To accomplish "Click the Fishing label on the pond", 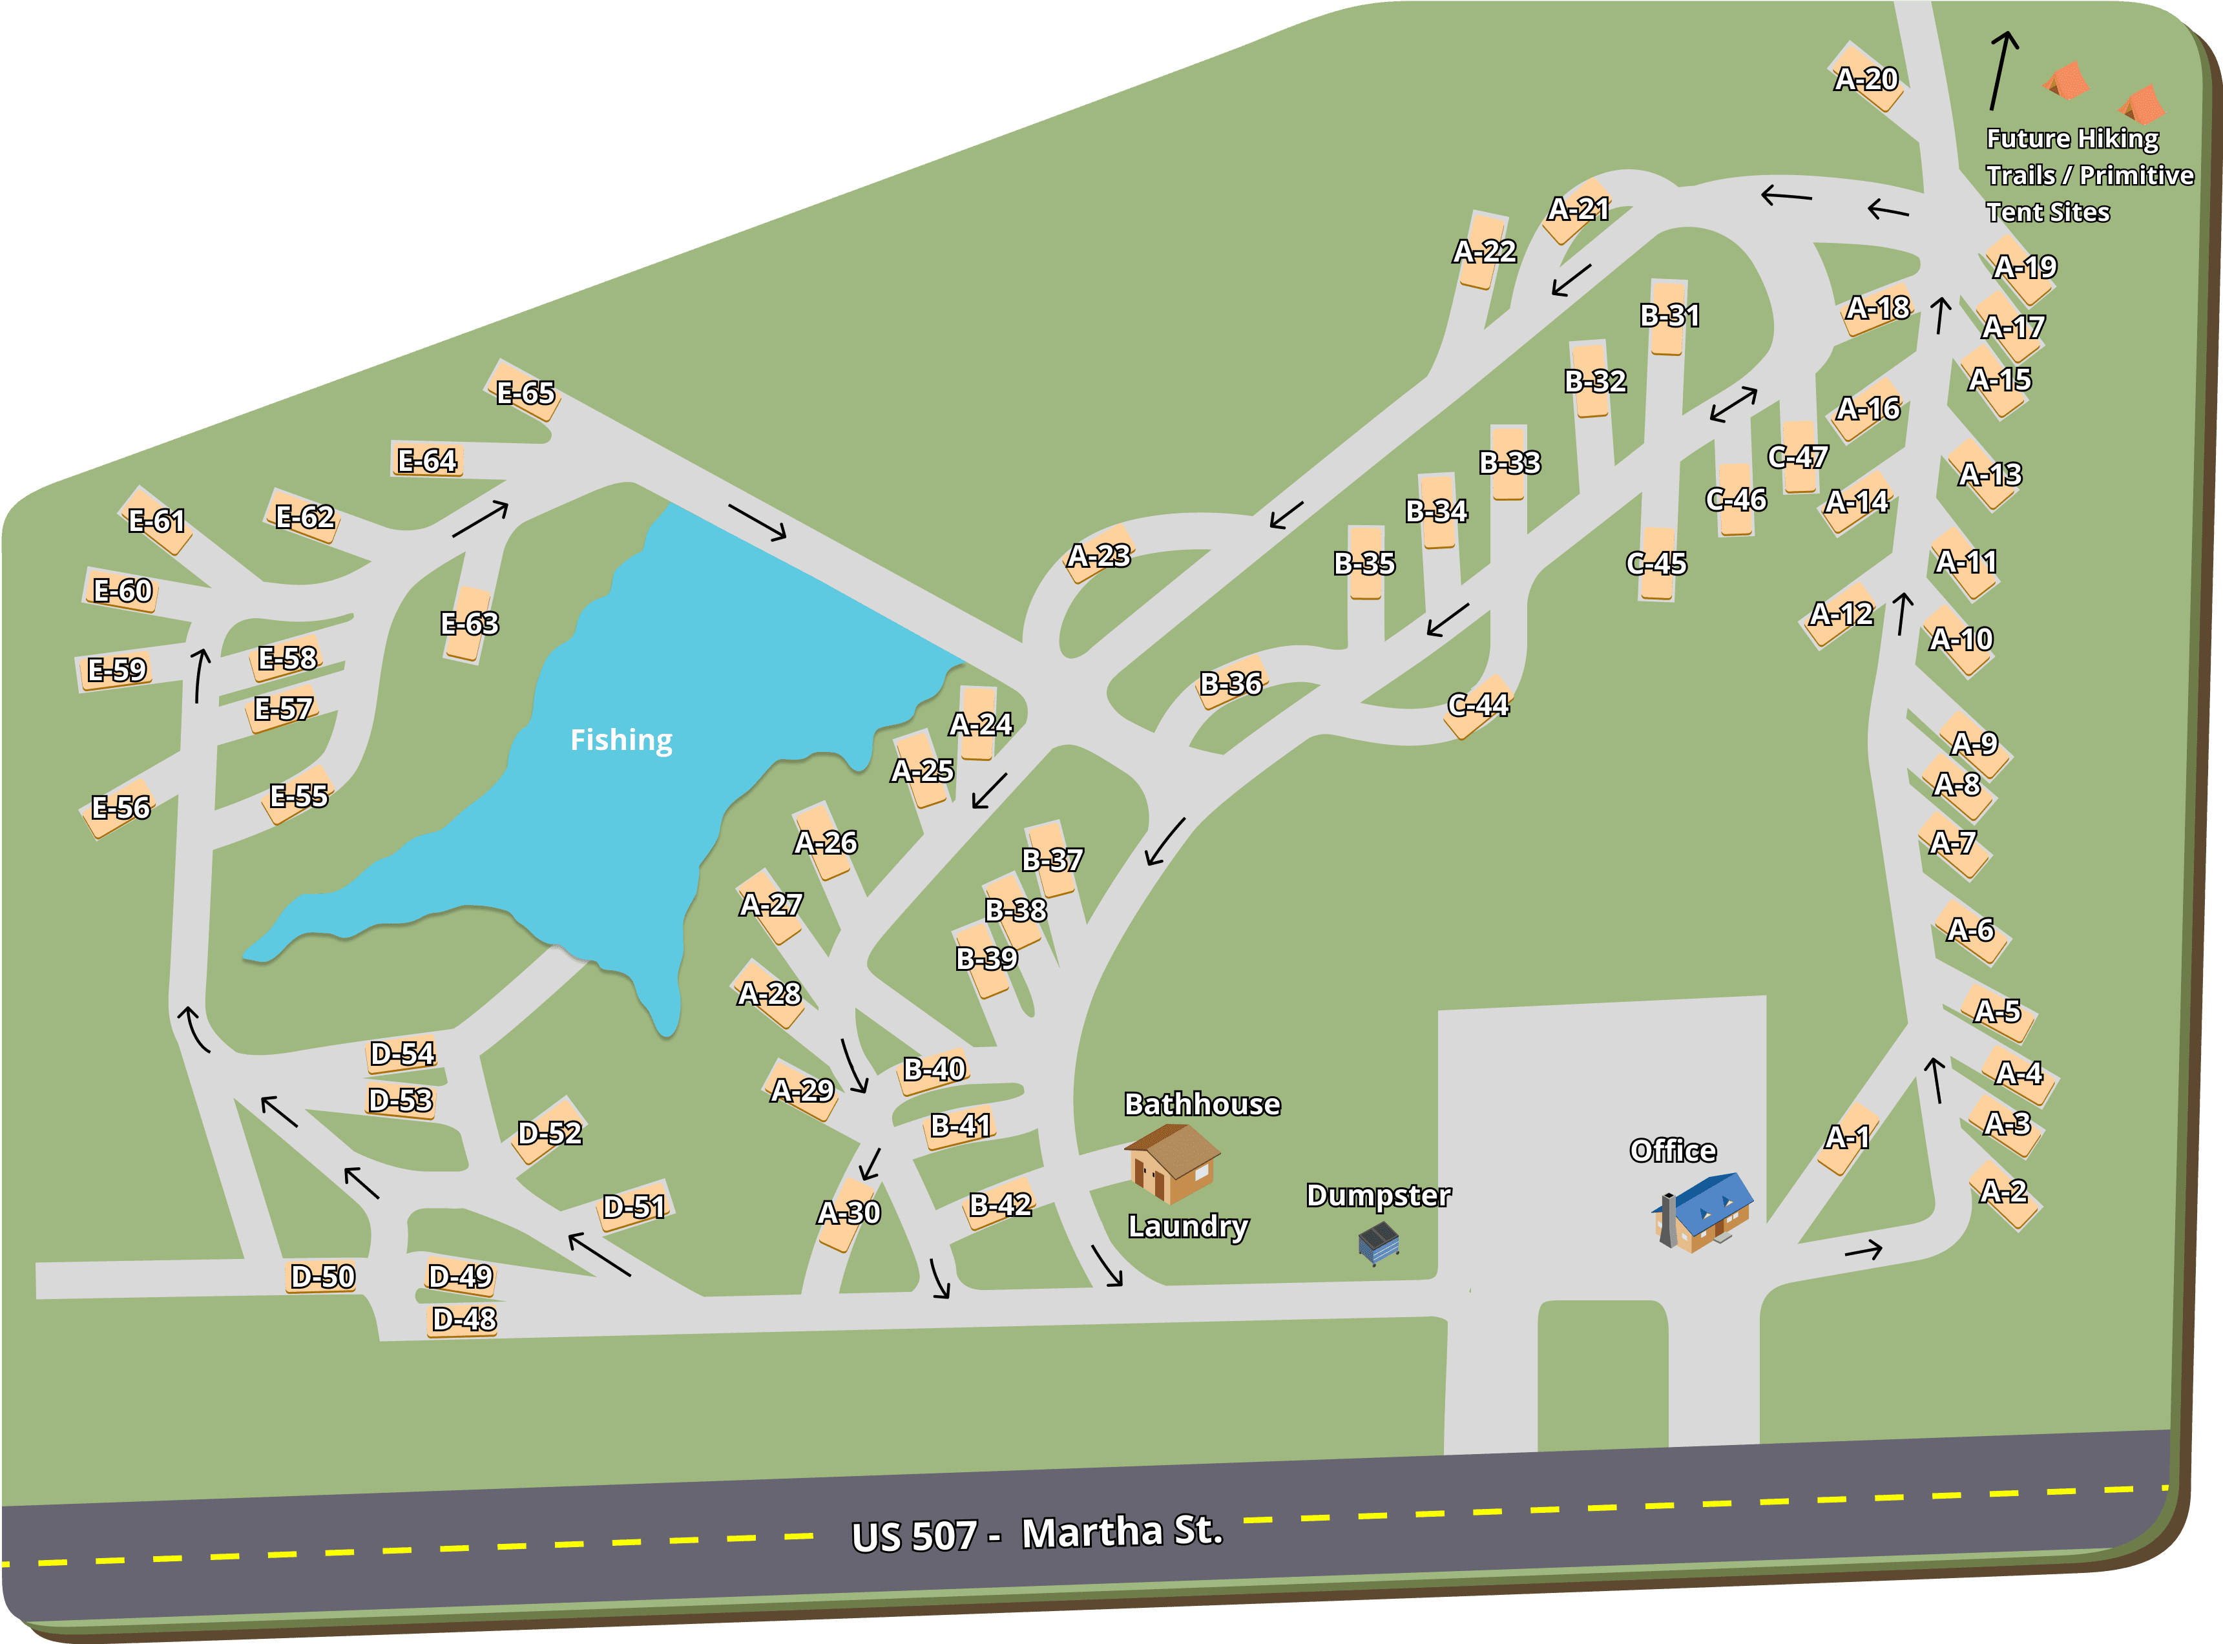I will point(621,740).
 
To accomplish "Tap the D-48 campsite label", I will point(464,1320).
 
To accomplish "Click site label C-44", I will point(1477,705).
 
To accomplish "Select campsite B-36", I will point(1231,683).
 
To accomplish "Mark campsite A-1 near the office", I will point(1848,1136).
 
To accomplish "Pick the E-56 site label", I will point(120,807).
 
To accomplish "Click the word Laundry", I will point(1187,1226).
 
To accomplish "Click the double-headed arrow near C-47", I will point(1733,404).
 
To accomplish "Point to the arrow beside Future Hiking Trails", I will point(2002,70).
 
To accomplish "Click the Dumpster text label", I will point(1378,1195).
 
